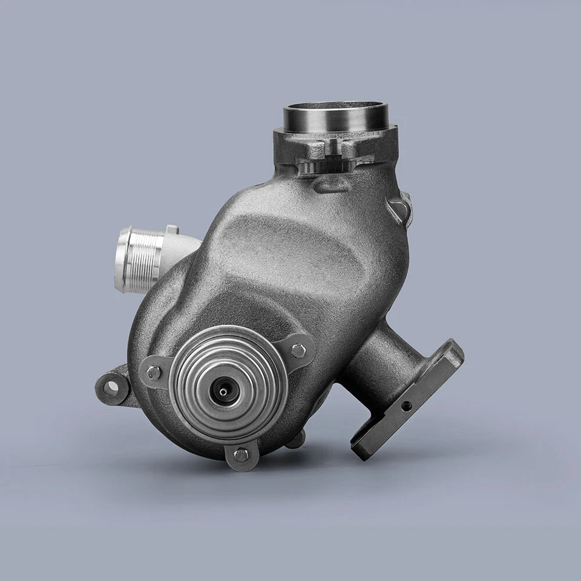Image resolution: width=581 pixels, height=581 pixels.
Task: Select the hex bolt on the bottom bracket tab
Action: (x=241, y=455)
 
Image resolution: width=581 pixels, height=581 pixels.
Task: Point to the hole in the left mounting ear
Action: (x=111, y=383)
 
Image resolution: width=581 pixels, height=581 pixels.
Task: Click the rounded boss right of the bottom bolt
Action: (x=295, y=441)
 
